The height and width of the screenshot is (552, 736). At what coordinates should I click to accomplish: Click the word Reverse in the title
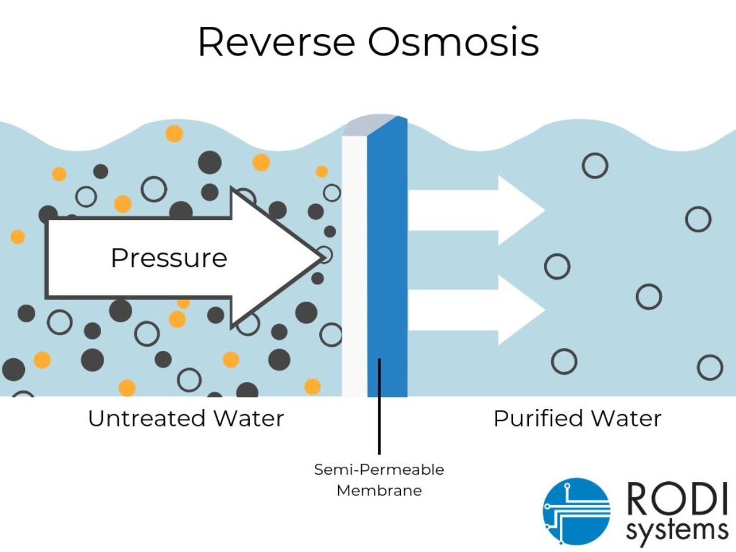[x=276, y=42]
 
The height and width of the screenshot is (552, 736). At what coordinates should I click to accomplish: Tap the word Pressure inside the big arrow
[x=169, y=258]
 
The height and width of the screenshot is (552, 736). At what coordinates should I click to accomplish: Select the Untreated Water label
[x=186, y=419]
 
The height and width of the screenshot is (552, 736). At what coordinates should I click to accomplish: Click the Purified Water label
[x=577, y=419]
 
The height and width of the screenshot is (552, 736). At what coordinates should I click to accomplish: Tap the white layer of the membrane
[x=355, y=262]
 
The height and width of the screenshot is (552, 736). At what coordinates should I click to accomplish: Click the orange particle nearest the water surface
[x=174, y=133]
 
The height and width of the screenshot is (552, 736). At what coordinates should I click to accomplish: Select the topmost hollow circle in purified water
[x=595, y=165]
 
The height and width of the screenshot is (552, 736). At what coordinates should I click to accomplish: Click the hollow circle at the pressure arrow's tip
[x=325, y=254]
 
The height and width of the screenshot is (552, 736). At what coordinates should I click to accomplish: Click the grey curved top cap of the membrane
[x=369, y=124]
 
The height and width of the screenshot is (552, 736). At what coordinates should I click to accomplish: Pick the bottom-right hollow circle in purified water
[x=710, y=367]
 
